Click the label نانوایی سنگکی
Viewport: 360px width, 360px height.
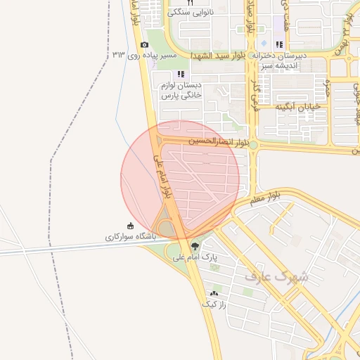click(x=191, y=13)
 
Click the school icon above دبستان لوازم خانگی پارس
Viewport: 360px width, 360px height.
click(x=181, y=74)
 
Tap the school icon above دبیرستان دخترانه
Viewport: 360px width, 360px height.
click(x=279, y=44)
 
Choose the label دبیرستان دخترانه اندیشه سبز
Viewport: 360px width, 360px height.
click(x=281, y=60)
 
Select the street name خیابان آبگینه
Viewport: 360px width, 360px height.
click(x=298, y=107)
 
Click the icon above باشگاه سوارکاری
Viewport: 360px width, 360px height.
click(x=130, y=226)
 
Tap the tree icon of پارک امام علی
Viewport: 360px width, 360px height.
click(x=195, y=246)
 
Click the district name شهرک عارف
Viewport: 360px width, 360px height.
click(x=276, y=276)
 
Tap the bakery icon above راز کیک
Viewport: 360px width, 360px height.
click(x=214, y=292)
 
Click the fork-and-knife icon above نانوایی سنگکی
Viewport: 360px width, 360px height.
click(x=190, y=3)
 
